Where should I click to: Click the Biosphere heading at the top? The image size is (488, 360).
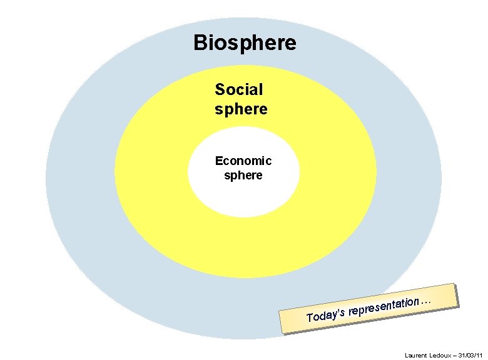tap(245, 44)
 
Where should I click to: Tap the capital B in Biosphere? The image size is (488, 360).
tap(200, 42)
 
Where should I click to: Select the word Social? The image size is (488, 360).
tap(239, 89)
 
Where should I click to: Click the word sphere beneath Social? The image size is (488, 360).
tap(241, 109)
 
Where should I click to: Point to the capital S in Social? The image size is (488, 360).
tap(220, 89)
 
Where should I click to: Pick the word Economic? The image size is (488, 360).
tap(243, 161)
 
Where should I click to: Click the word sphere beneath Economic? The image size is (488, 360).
tap(243, 176)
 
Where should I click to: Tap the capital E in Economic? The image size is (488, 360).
tap(219, 161)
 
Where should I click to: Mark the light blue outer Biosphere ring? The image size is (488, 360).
tap(75, 187)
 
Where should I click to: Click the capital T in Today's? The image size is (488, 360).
tap(310, 317)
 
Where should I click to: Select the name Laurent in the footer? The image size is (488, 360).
tap(416, 355)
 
